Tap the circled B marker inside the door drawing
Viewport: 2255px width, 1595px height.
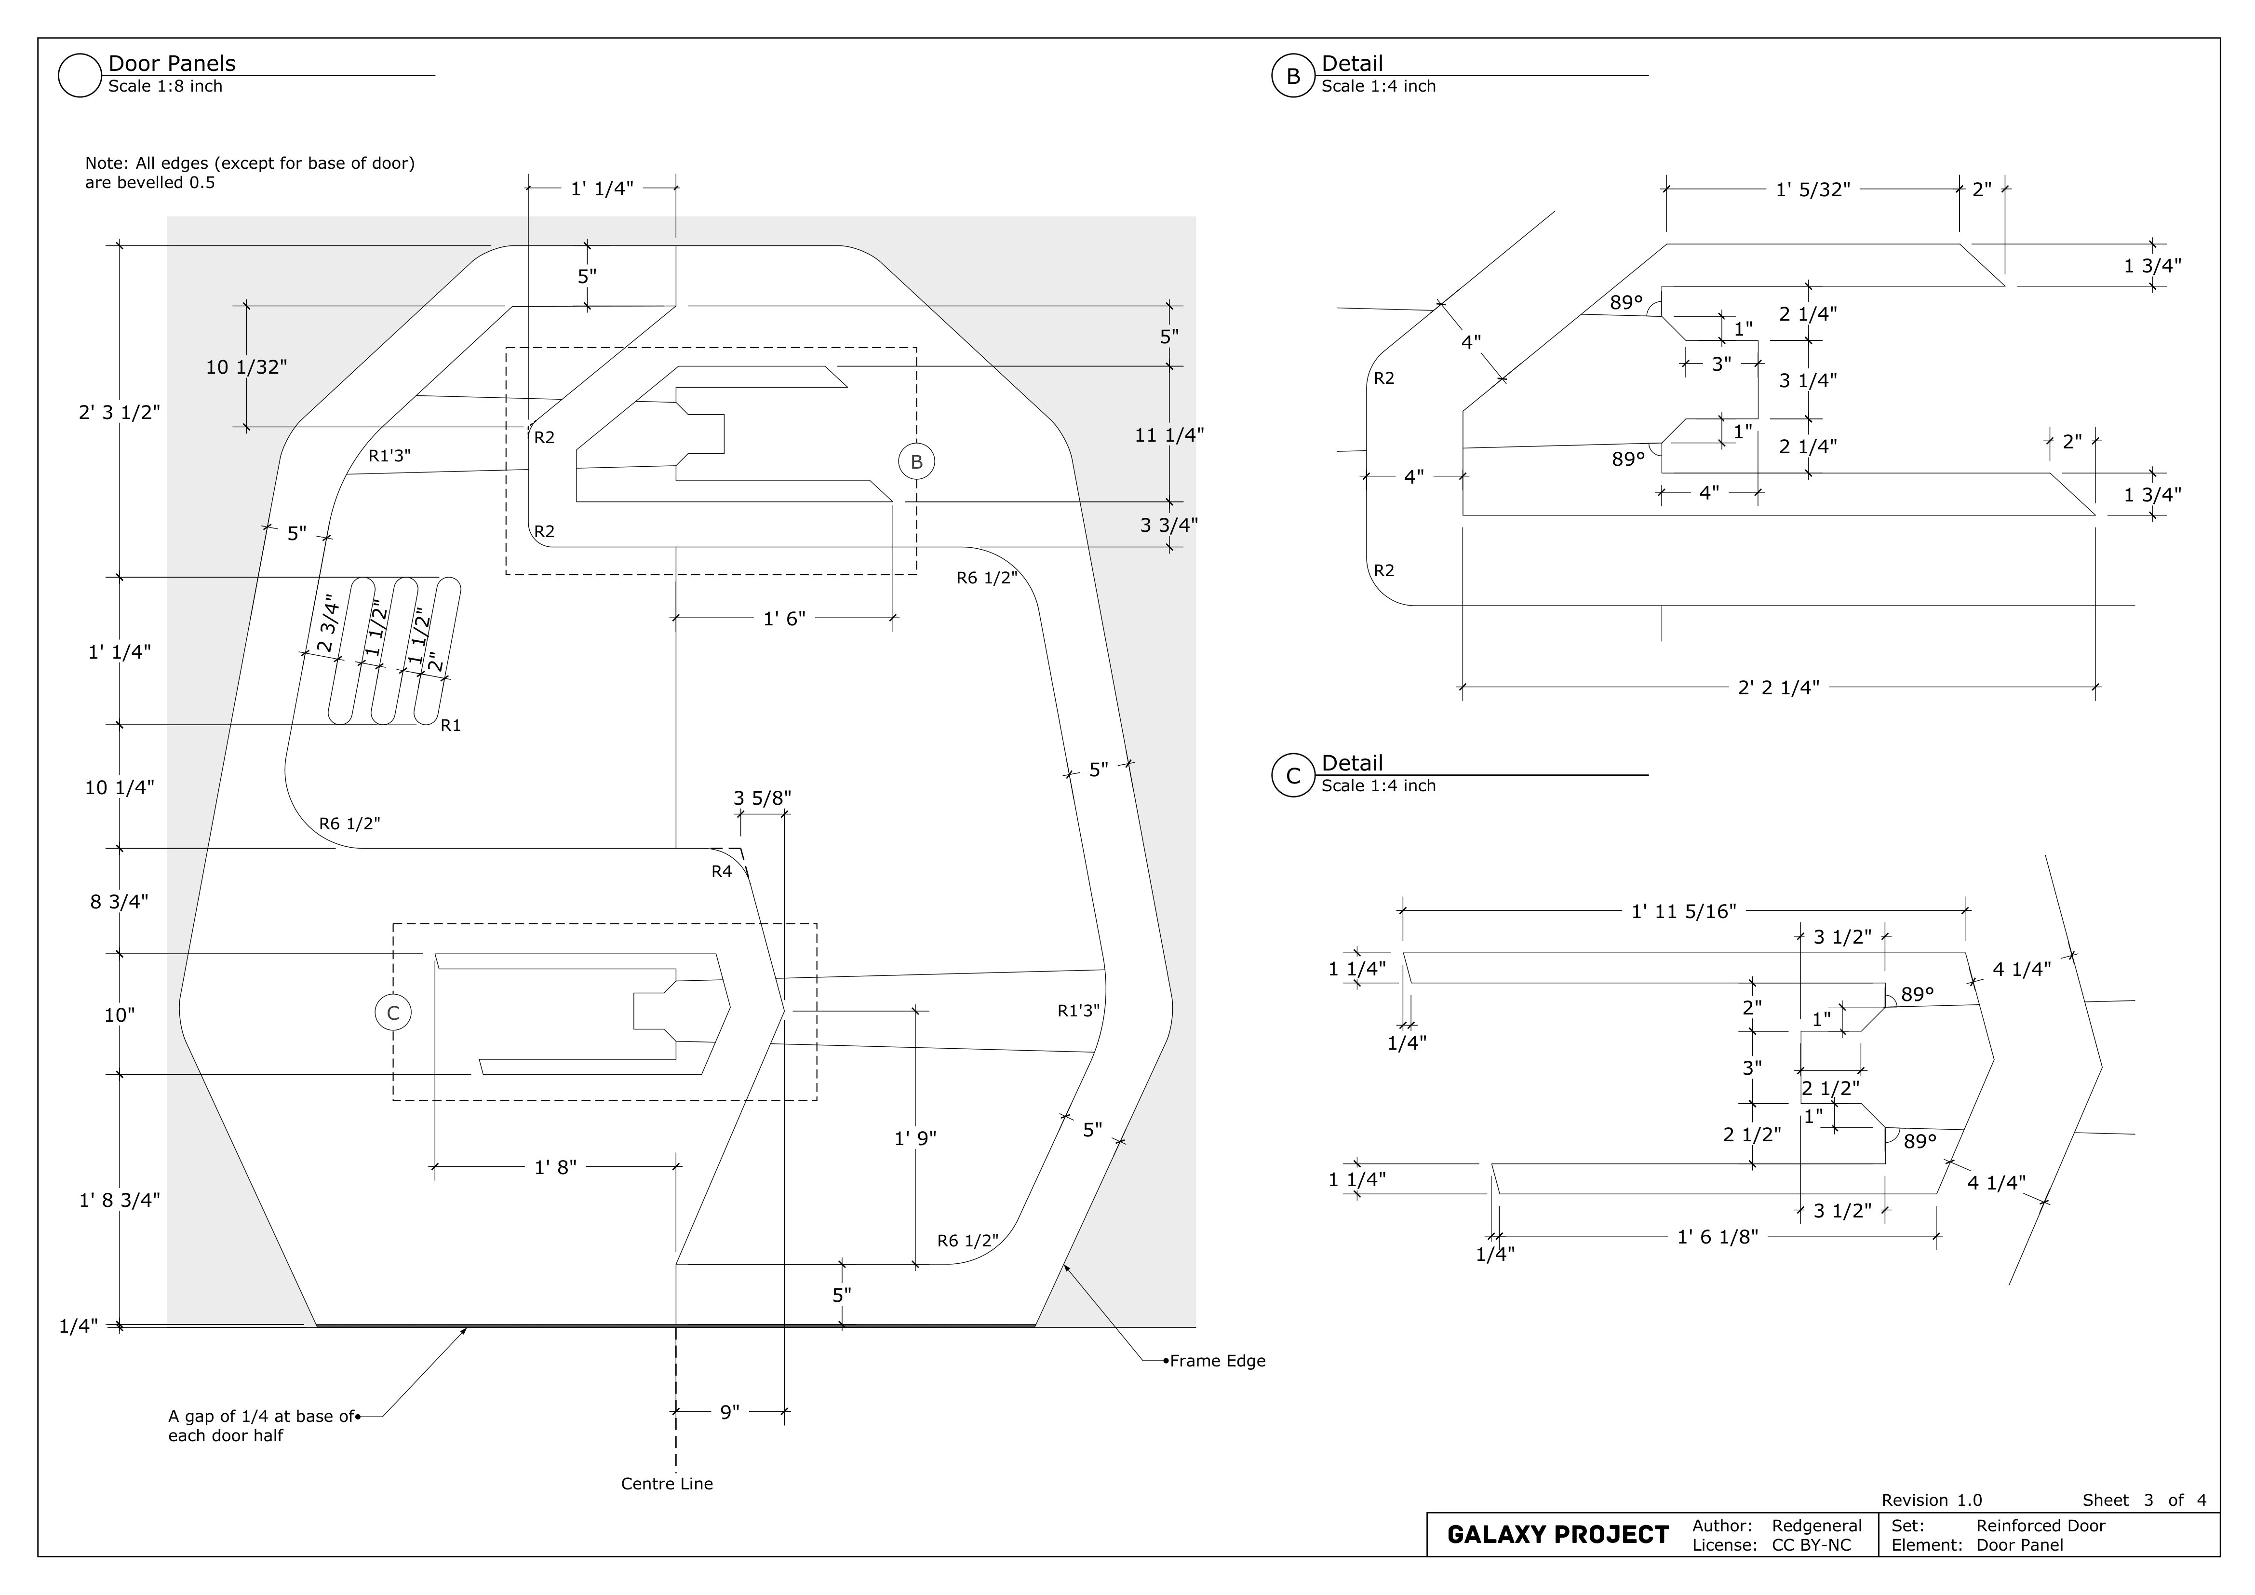(x=916, y=461)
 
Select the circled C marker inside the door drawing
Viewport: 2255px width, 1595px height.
(x=393, y=1013)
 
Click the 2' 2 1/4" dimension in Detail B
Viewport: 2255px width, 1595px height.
(x=1779, y=688)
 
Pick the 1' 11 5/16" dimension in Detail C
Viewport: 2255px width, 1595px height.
(x=1683, y=911)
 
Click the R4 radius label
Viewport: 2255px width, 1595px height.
(x=722, y=871)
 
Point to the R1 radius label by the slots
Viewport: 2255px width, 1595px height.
(x=451, y=726)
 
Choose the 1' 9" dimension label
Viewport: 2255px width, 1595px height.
(x=915, y=1138)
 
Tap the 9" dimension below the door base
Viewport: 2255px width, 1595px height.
(x=730, y=1412)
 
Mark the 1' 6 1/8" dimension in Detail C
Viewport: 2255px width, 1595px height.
(x=1717, y=1237)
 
